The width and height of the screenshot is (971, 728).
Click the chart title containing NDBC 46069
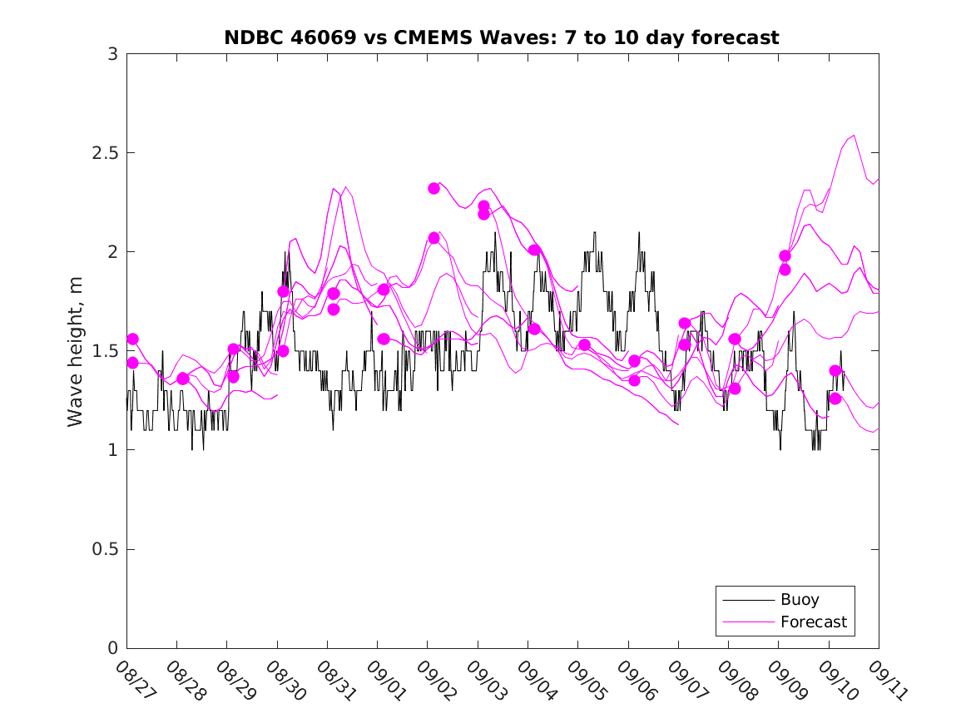(501, 37)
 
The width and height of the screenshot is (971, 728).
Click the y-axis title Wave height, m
(76, 351)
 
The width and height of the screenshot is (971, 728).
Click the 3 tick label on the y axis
(112, 54)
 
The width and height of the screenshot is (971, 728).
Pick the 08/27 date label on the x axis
(132, 680)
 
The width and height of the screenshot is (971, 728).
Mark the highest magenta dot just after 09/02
(433, 188)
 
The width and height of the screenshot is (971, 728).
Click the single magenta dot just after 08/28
(183, 379)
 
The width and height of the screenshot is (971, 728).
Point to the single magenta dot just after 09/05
(584, 344)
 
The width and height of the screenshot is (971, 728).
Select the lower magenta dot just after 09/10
(835, 399)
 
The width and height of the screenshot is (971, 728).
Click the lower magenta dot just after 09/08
(735, 389)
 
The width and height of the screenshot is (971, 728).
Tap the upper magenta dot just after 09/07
(685, 323)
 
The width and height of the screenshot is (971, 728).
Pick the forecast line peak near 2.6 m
(854, 135)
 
